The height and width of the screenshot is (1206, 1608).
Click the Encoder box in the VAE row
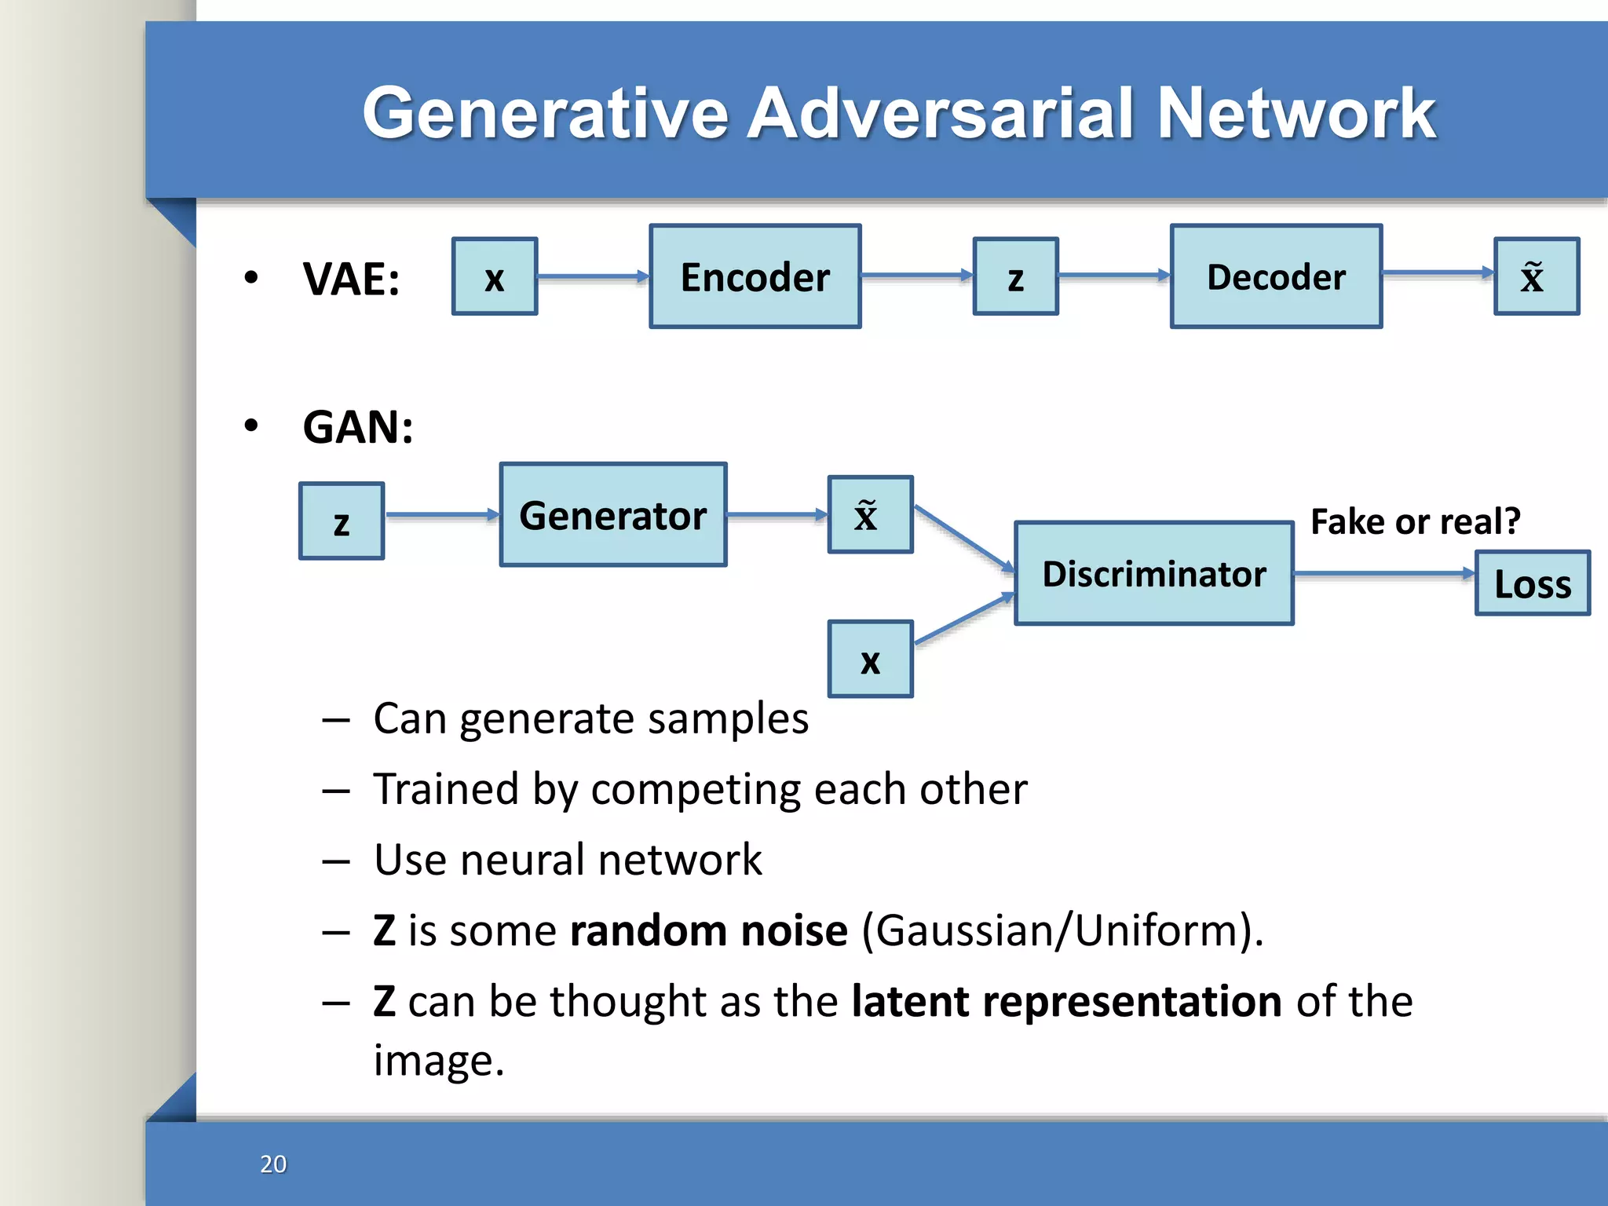[755, 276]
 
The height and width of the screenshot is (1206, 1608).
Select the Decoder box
[1276, 276]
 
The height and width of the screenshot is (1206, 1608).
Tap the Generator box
[613, 515]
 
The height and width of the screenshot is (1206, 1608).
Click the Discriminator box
[1154, 573]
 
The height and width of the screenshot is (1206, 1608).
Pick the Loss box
[1533, 583]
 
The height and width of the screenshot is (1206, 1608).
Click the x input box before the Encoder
[495, 276]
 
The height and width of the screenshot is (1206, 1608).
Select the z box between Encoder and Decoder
[1015, 276]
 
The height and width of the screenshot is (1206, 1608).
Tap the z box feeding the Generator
[342, 521]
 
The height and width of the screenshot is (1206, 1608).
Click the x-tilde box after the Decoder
[1536, 276]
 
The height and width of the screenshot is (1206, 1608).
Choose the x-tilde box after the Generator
[870, 515]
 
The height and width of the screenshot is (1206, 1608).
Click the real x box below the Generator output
[870, 660]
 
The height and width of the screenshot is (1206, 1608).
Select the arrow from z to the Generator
[442, 515]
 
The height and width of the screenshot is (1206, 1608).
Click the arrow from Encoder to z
[916, 276]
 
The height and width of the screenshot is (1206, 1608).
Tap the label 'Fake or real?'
[1416, 521]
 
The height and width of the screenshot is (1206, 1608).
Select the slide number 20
[273, 1164]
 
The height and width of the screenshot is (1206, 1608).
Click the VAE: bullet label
[351, 279]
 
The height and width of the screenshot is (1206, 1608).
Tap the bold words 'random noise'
[708, 931]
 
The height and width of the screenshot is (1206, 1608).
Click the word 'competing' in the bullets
[696, 789]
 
